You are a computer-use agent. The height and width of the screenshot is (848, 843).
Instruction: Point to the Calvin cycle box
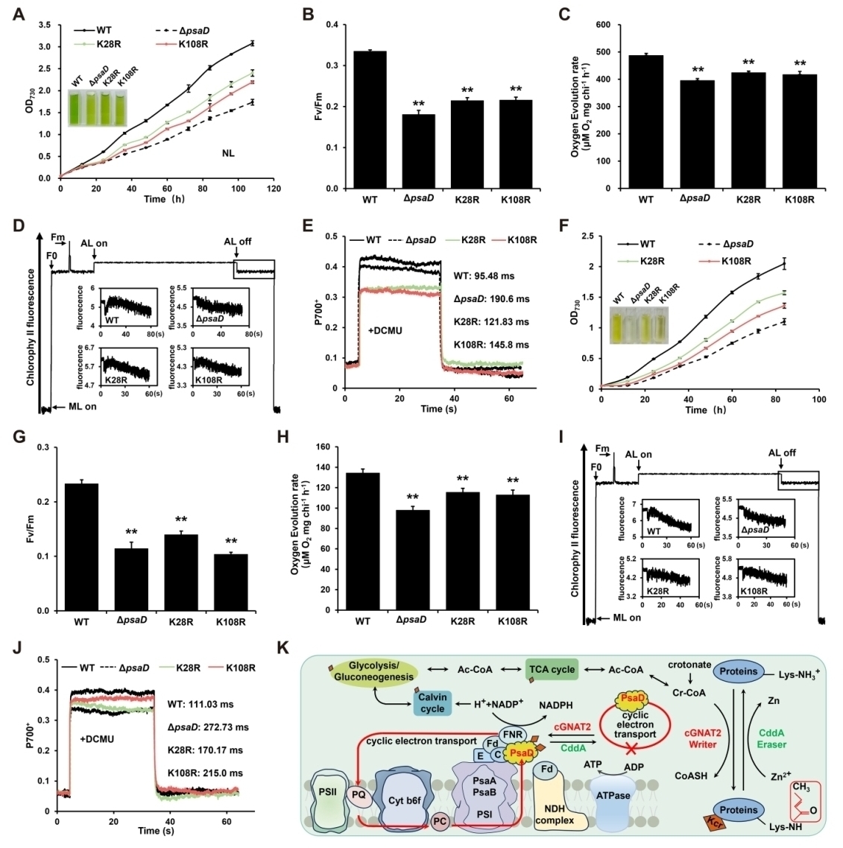432,703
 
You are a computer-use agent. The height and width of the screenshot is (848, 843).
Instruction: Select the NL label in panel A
228,153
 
